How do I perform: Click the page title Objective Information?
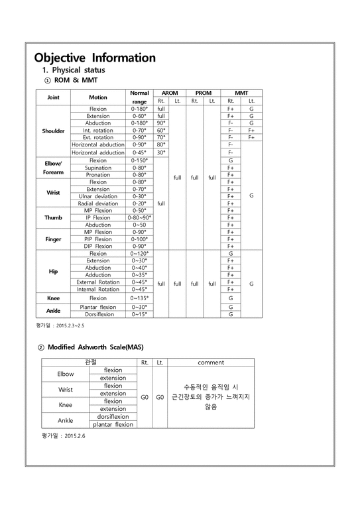coord(95,58)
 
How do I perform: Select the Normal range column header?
coord(139,97)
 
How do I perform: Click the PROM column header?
coord(204,93)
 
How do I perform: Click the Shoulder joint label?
coord(54,131)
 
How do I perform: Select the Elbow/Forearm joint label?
coord(53,168)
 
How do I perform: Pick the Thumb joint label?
coord(53,217)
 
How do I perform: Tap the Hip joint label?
coord(53,271)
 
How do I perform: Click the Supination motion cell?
coord(98,168)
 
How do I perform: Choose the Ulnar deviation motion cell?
coord(98,196)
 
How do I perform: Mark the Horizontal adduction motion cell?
coord(98,152)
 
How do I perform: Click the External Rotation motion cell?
coord(98,282)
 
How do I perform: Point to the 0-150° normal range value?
coord(139,160)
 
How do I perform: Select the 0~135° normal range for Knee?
coord(139,298)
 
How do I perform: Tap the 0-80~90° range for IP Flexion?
coord(139,217)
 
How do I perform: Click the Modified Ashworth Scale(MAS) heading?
coord(95,347)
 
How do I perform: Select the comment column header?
coord(211,363)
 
